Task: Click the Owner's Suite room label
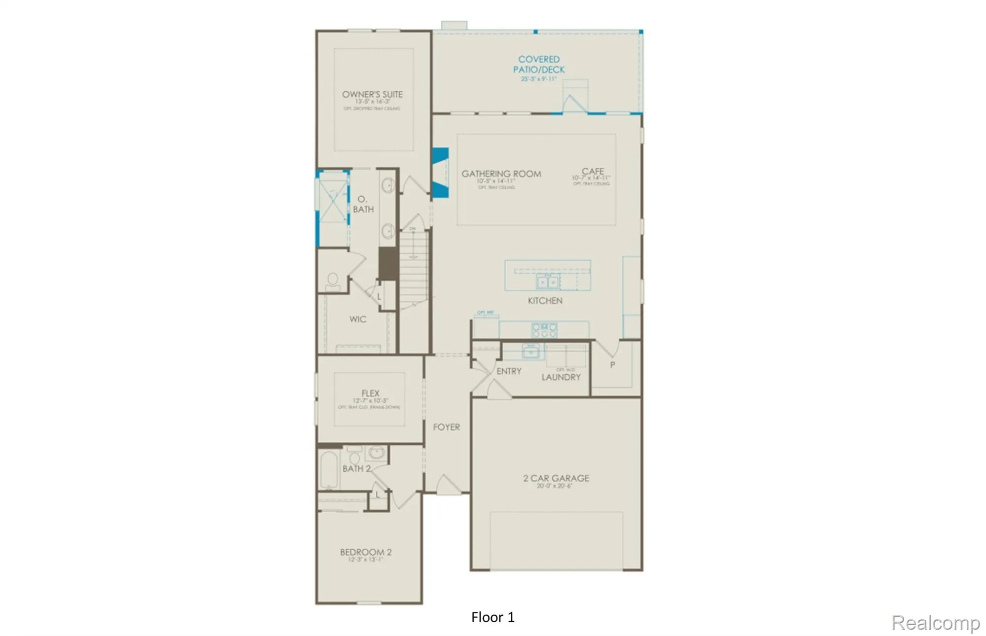[372, 94]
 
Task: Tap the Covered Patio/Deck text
[538, 65]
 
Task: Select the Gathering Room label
[501, 174]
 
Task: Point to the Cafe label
[592, 172]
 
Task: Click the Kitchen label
[545, 300]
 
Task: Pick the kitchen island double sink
[547, 282]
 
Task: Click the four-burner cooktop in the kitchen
[544, 330]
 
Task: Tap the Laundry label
[561, 377]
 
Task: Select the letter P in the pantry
[612, 365]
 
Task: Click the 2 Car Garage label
[556, 478]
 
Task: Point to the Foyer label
[446, 427]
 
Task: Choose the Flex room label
[370, 393]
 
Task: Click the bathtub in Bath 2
[329, 469]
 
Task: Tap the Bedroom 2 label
[365, 552]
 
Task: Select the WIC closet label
[357, 319]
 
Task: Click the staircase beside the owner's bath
[413, 269]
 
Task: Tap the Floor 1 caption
[493, 617]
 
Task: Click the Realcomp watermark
[935, 623]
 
